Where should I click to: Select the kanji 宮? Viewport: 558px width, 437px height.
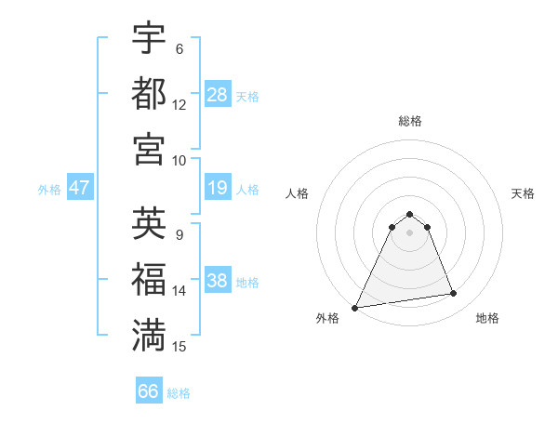[x=149, y=148]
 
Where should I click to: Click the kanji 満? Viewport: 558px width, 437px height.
[x=149, y=334]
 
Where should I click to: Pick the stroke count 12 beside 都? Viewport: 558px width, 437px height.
[x=179, y=105]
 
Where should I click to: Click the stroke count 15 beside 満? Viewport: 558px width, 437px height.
[x=179, y=347]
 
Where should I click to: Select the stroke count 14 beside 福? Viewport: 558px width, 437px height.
[x=179, y=291]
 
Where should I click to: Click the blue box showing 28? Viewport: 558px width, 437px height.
[x=217, y=95]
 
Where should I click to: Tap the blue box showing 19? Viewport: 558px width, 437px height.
[x=217, y=189]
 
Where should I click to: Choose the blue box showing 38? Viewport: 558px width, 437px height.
[x=217, y=281]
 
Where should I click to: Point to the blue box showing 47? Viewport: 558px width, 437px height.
[x=79, y=188]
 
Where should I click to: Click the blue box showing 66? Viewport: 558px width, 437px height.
[x=149, y=391]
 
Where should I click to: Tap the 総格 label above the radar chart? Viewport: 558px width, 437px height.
[x=409, y=121]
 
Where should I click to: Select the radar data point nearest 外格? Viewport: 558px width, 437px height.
[x=355, y=308]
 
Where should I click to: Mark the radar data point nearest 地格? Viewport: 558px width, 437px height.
[x=454, y=294]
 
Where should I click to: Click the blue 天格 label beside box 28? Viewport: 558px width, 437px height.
[x=247, y=97]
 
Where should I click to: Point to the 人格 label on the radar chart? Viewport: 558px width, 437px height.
[x=298, y=193]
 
